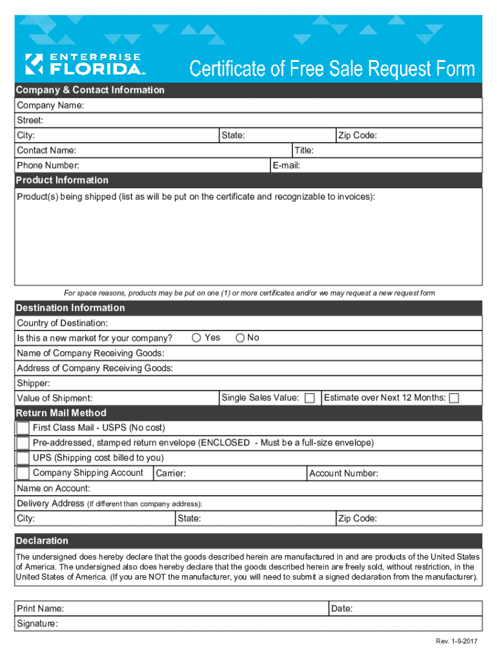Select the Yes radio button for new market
coord(196,338)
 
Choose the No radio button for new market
coord(241,338)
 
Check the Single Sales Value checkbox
coord(310,398)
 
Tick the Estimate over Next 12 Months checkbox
coord(454,398)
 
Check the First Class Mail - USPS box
coord(23,428)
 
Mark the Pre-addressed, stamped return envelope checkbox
coord(23,443)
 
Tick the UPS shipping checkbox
coord(23,458)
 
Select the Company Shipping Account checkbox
coord(23,473)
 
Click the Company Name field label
coord(50,105)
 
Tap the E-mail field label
coord(286,166)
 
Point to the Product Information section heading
coord(62,180)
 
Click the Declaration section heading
coord(42,540)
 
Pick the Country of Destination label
coord(62,323)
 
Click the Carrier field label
coord(171,474)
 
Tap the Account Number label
coord(343,474)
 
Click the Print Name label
coord(40,609)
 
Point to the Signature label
coord(37,624)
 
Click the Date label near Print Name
coord(341,609)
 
